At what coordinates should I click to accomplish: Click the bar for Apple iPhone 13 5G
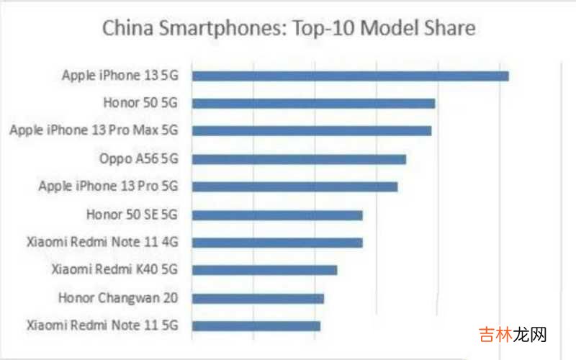(x=350, y=76)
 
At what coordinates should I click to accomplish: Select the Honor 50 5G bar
(x=313, y=103)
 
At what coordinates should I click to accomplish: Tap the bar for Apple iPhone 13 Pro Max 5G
(x=311, y=131)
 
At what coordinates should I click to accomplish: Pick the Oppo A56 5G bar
(x=299, y=159)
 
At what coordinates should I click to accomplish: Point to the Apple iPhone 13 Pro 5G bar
(x=294, y=186)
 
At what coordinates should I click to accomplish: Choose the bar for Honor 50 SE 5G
(x=277, y=215)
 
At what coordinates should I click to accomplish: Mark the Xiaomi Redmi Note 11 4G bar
(x=277, y=243)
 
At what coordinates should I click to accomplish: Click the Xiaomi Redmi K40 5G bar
(x=264, y=270)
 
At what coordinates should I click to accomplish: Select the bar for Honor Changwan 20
(x=258, y=298)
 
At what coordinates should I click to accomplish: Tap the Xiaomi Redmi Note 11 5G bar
(x=256, y=326)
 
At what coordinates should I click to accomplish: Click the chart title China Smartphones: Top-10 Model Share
(x=289, y=29)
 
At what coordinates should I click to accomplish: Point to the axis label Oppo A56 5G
(x=138, y=158)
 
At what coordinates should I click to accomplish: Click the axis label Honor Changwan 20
(x=118, y=297)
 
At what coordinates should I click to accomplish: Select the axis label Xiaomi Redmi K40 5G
(x=114, y=270)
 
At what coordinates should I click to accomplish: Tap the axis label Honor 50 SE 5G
(x=131, y=215)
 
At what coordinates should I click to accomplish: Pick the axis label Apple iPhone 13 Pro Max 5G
(x=93, y=130)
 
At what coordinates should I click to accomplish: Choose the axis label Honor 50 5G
(x=140, y=103)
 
